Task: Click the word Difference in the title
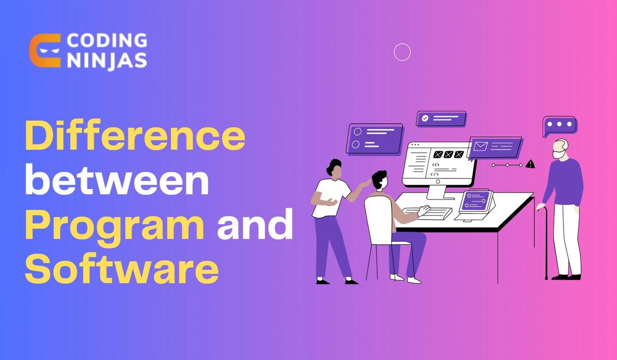135,136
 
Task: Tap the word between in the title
117,182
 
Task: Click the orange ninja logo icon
45,51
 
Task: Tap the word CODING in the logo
106,41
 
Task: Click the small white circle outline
402,52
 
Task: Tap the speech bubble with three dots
559,125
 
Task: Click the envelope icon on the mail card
481,147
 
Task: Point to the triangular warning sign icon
531,164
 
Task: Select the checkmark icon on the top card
425,118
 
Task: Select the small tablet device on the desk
476,202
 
